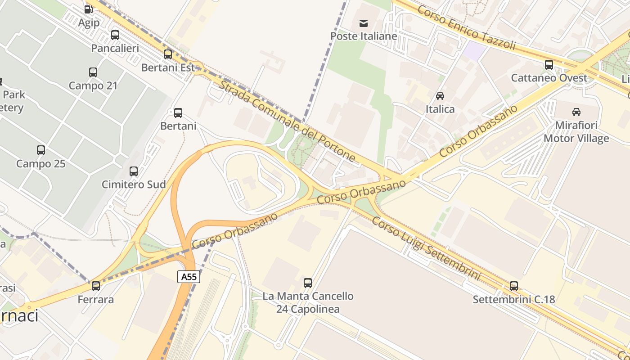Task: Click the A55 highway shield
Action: (189, 277)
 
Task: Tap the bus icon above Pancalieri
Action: (115, 35)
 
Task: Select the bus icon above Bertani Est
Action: (168, 54)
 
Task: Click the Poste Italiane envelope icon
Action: (364, 22)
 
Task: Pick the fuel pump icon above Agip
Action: (88, 9)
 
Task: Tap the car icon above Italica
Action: (440, 95)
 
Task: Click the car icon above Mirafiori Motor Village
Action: (576, 112)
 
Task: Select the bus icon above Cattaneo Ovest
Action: (549, 64)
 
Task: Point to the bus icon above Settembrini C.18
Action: (514, 286)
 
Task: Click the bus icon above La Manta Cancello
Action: (308, 283)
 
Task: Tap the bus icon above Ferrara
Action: (96, 286)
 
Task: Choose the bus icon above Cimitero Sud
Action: (134, 171)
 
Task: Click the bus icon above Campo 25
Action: (41, 150)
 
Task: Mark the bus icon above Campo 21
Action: (93, 72)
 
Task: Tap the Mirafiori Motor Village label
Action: (576, 131)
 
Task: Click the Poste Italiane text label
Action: (364, 36)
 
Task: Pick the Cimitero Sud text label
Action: (134, 184)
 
